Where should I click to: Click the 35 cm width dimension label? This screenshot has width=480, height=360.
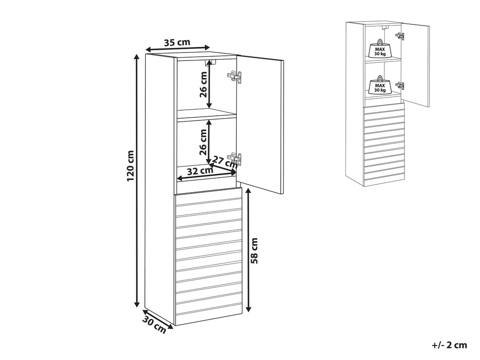[177, 42]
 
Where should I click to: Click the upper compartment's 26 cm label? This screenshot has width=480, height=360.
[203, 84]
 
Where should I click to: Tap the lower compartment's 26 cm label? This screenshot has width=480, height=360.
[203, 143]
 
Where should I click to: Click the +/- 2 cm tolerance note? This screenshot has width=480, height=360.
[449, 345]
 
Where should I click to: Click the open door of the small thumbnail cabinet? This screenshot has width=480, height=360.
[416, 66]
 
